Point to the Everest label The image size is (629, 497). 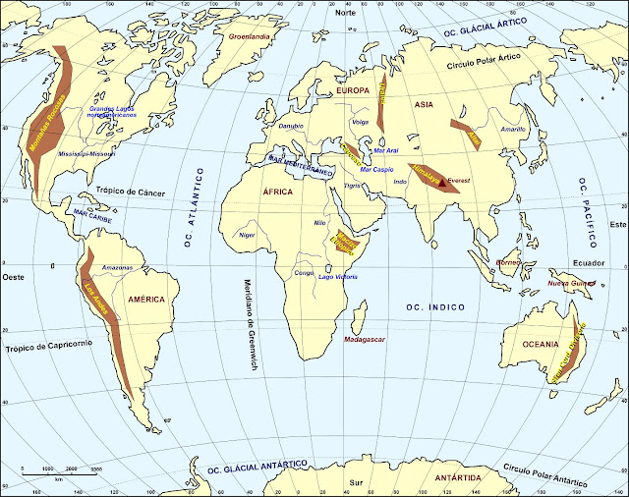pyautogui.click(x=460, y=182)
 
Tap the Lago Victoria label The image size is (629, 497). pyautogui.click(x=338, y=276)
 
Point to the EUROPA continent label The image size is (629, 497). pyautogui.click(x=352, y=90)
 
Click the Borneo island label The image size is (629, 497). pyautogui.click(x=507, y=262)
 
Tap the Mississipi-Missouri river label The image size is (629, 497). pyautogui.click(x=86, y=154)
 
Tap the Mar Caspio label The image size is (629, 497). pyautogui.click(x=376, y=169)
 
